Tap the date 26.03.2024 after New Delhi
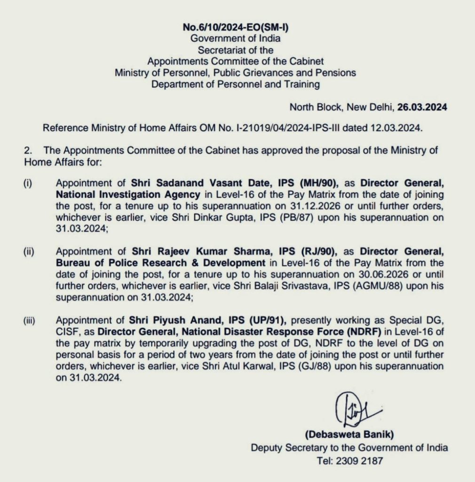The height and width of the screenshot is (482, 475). pos(422,107)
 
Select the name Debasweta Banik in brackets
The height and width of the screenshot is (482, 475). pos(348,434)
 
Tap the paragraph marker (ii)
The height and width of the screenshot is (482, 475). pos(29,251)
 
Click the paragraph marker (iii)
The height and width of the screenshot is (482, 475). pos(30,321)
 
